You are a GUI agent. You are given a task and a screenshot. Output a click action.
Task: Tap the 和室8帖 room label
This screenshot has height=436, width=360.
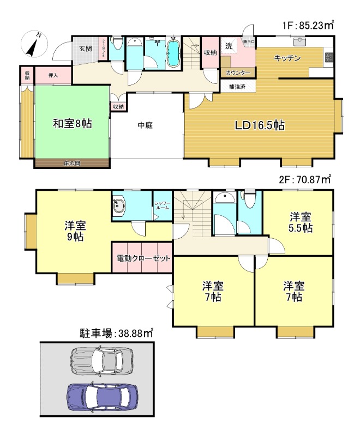coord(72,124)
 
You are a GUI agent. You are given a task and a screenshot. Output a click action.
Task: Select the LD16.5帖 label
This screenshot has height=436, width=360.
coord(259,125)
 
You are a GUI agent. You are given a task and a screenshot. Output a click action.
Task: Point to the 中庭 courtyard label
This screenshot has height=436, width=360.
coord(145,125)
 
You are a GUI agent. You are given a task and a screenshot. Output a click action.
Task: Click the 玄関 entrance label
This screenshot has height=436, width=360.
coord(85,49)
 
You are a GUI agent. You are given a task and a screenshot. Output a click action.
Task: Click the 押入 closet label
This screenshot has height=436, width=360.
coord(53,75)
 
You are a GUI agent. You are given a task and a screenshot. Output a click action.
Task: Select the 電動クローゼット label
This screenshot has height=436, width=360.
coord(143,258)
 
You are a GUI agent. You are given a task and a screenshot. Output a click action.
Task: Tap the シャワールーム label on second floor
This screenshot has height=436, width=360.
coord(162,205)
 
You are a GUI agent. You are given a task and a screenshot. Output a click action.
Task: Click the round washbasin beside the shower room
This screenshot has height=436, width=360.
coord(120,206)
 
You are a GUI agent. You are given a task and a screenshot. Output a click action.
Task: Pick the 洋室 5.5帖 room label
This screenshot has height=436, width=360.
coord(300,222)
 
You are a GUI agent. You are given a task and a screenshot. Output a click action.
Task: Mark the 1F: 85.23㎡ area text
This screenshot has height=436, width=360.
coord(308,25)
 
